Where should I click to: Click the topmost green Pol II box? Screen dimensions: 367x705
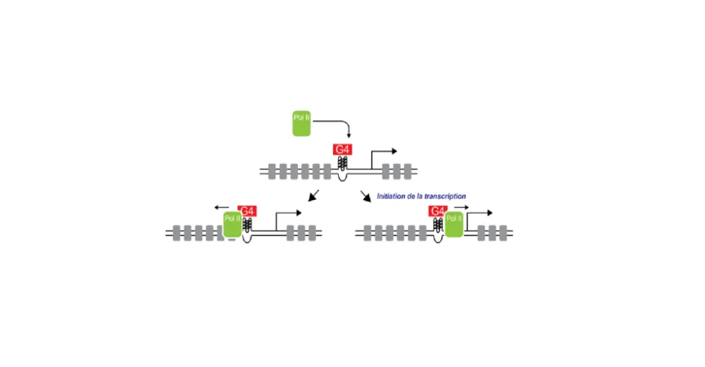301,123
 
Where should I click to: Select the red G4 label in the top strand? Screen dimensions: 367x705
342,150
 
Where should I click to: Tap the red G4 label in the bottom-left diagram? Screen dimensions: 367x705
247,211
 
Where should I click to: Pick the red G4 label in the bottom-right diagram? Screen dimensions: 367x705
437,211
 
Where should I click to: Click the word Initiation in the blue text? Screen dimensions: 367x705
393,196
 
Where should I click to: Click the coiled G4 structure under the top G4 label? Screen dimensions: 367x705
342,163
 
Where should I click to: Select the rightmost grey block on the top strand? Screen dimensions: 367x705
407,170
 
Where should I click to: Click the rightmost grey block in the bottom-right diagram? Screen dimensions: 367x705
503,231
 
